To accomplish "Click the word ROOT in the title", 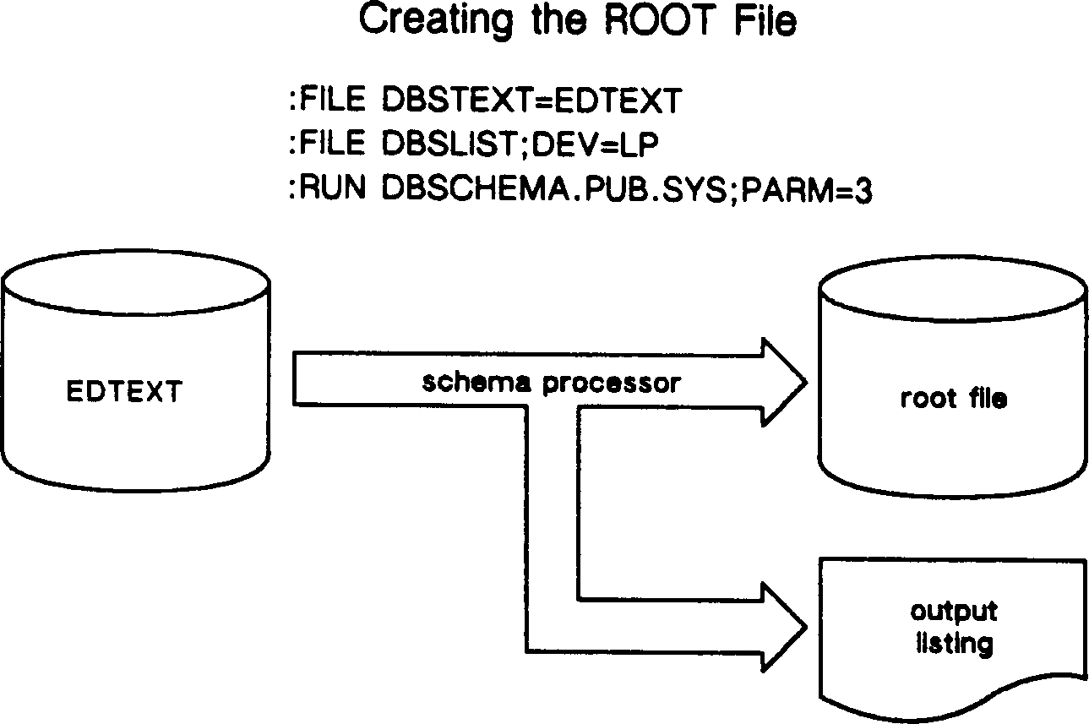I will coord(651,23).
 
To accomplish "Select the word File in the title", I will coord(765,23).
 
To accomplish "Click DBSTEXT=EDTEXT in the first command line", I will coord(531,101).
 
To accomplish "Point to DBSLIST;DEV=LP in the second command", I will coord(520,144).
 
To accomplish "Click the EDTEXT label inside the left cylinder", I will coord(123,392).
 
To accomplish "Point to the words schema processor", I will coord(550,383).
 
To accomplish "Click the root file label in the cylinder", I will coord(953,398).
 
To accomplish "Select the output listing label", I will coord(953,628).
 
